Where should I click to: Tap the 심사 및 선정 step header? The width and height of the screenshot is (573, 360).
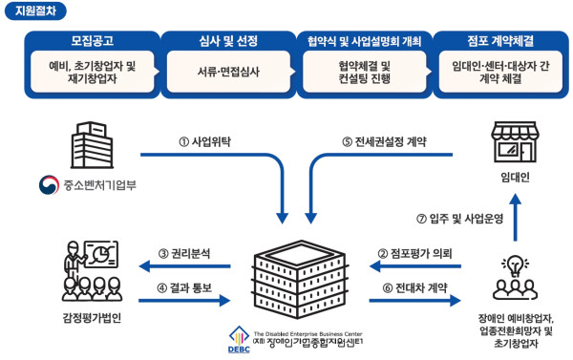click(x=226, y=43)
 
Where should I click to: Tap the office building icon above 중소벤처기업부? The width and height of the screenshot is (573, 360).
click(x=93, y=146)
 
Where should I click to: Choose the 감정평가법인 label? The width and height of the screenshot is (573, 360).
click(x=92, y=318)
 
